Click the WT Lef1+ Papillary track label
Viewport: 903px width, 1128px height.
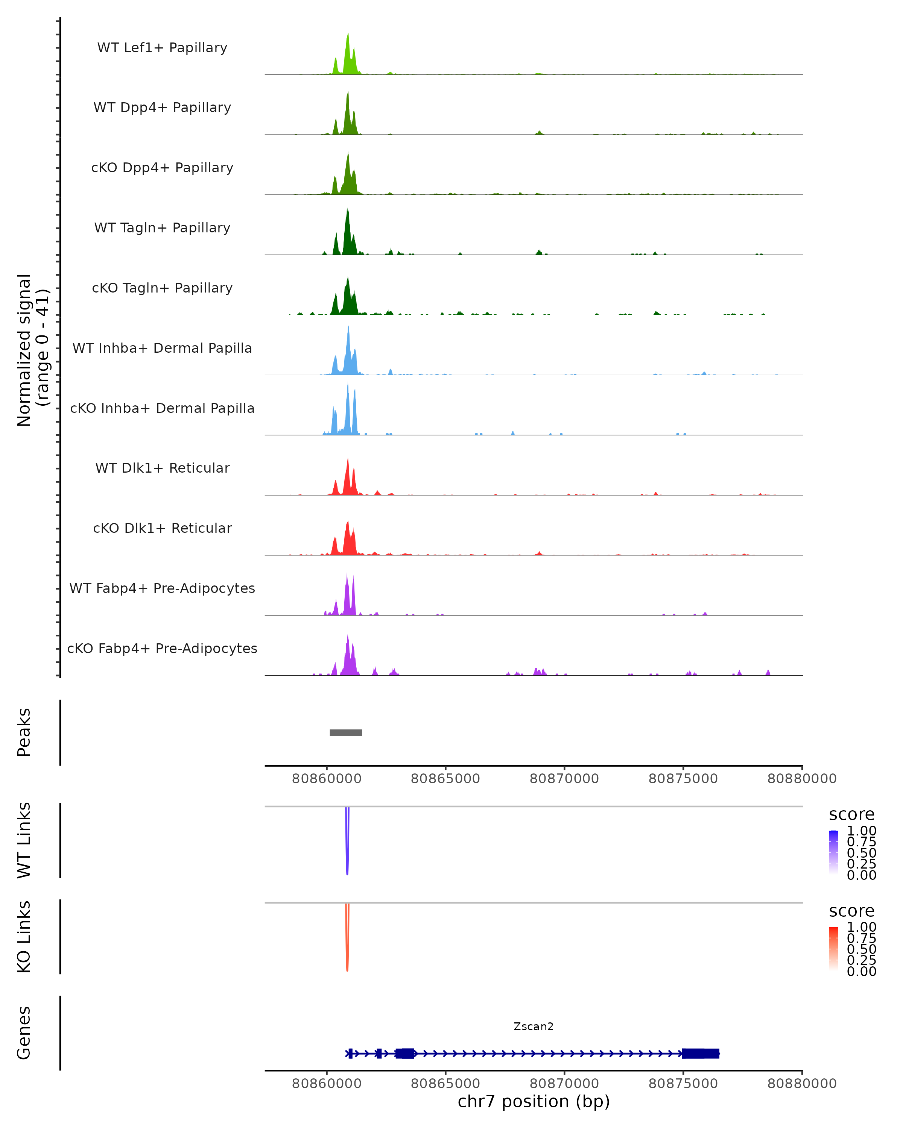tap(162, 48)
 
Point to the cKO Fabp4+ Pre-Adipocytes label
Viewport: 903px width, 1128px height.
tap(162, 648)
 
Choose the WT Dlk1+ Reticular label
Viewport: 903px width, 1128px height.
tap(162, 468)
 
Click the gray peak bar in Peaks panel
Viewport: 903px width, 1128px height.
tap(345, 732)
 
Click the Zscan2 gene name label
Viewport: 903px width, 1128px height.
tap(534, 1026)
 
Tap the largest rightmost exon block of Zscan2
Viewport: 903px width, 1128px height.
tap(701, 1053)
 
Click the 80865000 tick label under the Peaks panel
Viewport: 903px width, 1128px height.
tap(445, 779)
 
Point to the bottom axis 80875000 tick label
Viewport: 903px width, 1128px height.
tap(683, 1084)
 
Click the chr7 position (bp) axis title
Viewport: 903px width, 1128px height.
tap(534, 1102)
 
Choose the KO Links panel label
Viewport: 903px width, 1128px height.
tap(24, 937)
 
